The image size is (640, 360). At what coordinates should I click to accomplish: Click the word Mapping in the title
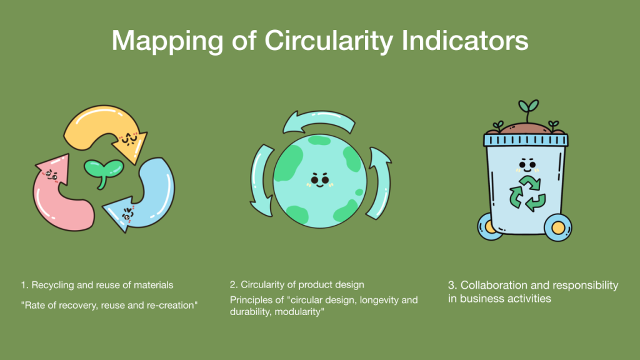167,41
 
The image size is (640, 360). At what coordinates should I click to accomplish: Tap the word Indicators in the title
465,40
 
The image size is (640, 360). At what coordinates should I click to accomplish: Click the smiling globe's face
320,180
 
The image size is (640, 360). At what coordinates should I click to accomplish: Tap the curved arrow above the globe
319,121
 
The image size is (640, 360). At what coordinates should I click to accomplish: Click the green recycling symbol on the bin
527,193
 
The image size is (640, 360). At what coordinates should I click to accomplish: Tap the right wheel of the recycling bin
558,227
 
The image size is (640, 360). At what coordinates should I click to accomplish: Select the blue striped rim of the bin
526,140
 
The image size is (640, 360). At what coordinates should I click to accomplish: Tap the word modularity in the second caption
298,312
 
